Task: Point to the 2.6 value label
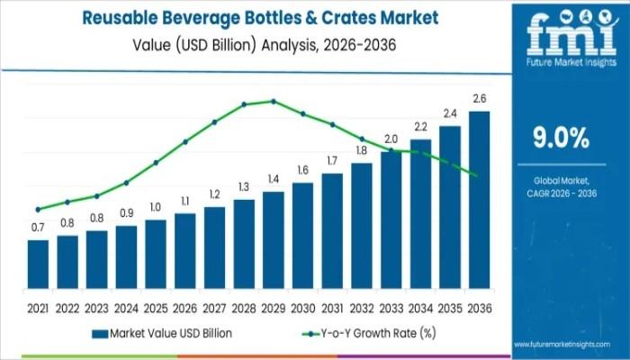(480, 98)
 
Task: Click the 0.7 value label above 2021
(38, 228)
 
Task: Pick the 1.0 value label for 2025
(156, 207)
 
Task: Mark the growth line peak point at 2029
(274, 101)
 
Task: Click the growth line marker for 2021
(38, 209)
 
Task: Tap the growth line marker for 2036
(475, 175)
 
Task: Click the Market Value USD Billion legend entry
(162, 333)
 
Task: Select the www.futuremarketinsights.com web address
(571, 345)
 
